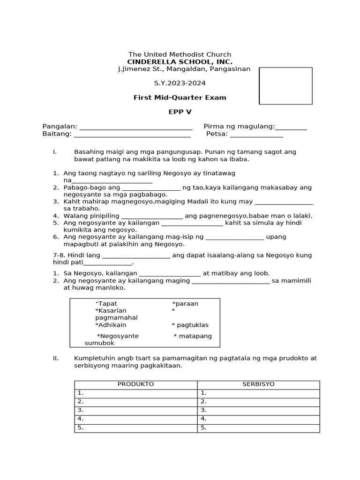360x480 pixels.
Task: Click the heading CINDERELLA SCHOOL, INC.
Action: tap(180, 62)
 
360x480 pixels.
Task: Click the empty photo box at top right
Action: tap(285, 86)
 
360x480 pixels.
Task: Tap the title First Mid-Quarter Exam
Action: tap(180, 97)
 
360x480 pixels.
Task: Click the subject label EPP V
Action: tap(180, 112)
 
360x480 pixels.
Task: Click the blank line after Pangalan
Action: tap(136, 127)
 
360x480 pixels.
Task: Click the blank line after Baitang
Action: tap(132, 135)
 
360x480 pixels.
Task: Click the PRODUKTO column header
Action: tap(135, 384)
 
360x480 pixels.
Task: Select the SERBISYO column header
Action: tap(258, 384)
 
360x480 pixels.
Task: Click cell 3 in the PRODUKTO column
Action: tap(135, 410)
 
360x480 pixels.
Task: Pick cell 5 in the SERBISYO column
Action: tap(258, 428)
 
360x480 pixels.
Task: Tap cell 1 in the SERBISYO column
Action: tap(258, 393)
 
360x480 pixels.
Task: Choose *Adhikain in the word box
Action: tap(111, 325)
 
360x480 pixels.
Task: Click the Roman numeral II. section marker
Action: tap(56, 358)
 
